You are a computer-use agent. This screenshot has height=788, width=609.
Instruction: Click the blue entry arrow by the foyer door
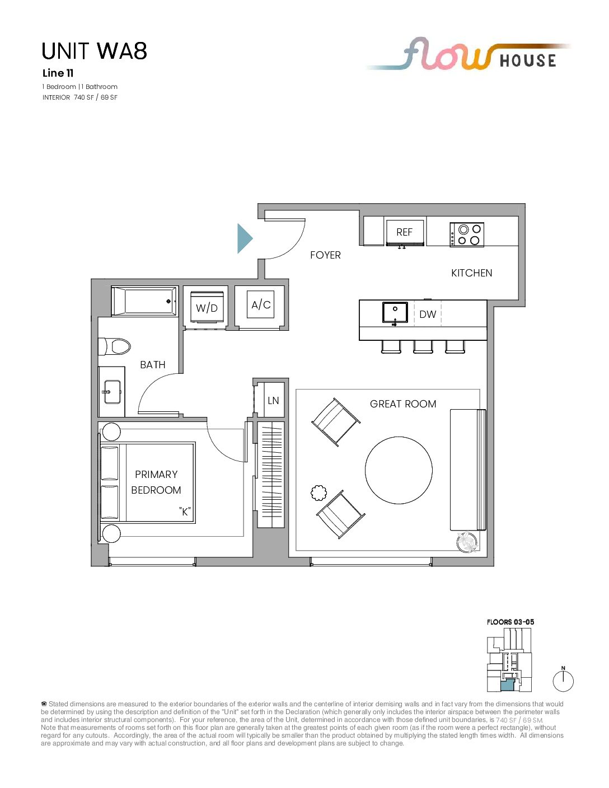point(244,238)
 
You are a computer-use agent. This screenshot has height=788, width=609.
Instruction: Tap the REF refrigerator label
point(404,232)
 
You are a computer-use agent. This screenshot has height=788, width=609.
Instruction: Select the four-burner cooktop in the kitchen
point(466,234)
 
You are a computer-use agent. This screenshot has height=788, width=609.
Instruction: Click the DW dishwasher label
point(428,314)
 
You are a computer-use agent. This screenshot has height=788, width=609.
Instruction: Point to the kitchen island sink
point(395,312)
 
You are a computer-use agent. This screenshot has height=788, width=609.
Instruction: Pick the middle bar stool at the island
point(423,346)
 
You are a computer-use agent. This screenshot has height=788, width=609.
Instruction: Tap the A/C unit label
point(261,304)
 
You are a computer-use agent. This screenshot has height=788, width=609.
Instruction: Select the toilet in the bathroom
point(114,346)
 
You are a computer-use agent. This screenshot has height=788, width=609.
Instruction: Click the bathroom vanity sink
point(113,392)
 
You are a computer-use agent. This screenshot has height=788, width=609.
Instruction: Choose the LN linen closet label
point(273,400)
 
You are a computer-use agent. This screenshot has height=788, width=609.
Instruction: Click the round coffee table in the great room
point(399,470)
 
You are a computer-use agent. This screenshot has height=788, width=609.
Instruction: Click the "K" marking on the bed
point(185,512)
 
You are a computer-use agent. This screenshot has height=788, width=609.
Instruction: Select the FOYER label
point(325,255)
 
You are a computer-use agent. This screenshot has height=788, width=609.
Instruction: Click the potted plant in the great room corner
point(467,541)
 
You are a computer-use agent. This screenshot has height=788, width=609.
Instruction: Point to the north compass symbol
point(563,681)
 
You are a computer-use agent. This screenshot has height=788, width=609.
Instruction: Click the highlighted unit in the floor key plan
point(507,685)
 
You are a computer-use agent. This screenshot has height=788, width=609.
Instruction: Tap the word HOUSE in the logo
point(528,60)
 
